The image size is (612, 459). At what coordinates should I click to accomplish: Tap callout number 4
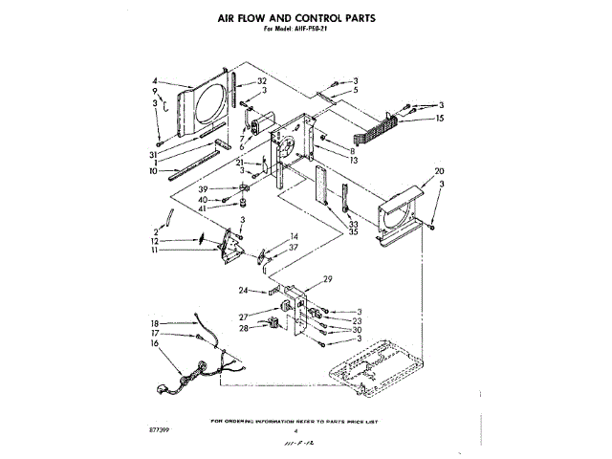click(x=155, y=80)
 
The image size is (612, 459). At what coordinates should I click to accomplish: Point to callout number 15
click(x=440, y=119)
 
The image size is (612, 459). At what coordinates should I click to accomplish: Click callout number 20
click(x=439, y=172)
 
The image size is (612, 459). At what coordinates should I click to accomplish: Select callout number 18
click(x=155, y=324)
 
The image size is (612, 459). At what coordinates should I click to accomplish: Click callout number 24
click(x=244, y=290)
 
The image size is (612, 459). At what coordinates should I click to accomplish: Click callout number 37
click(x=294, y=247)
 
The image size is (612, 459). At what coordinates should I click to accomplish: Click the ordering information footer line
click(x=295, y=421)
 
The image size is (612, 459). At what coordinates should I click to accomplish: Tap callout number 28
click(x=244, y=328)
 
